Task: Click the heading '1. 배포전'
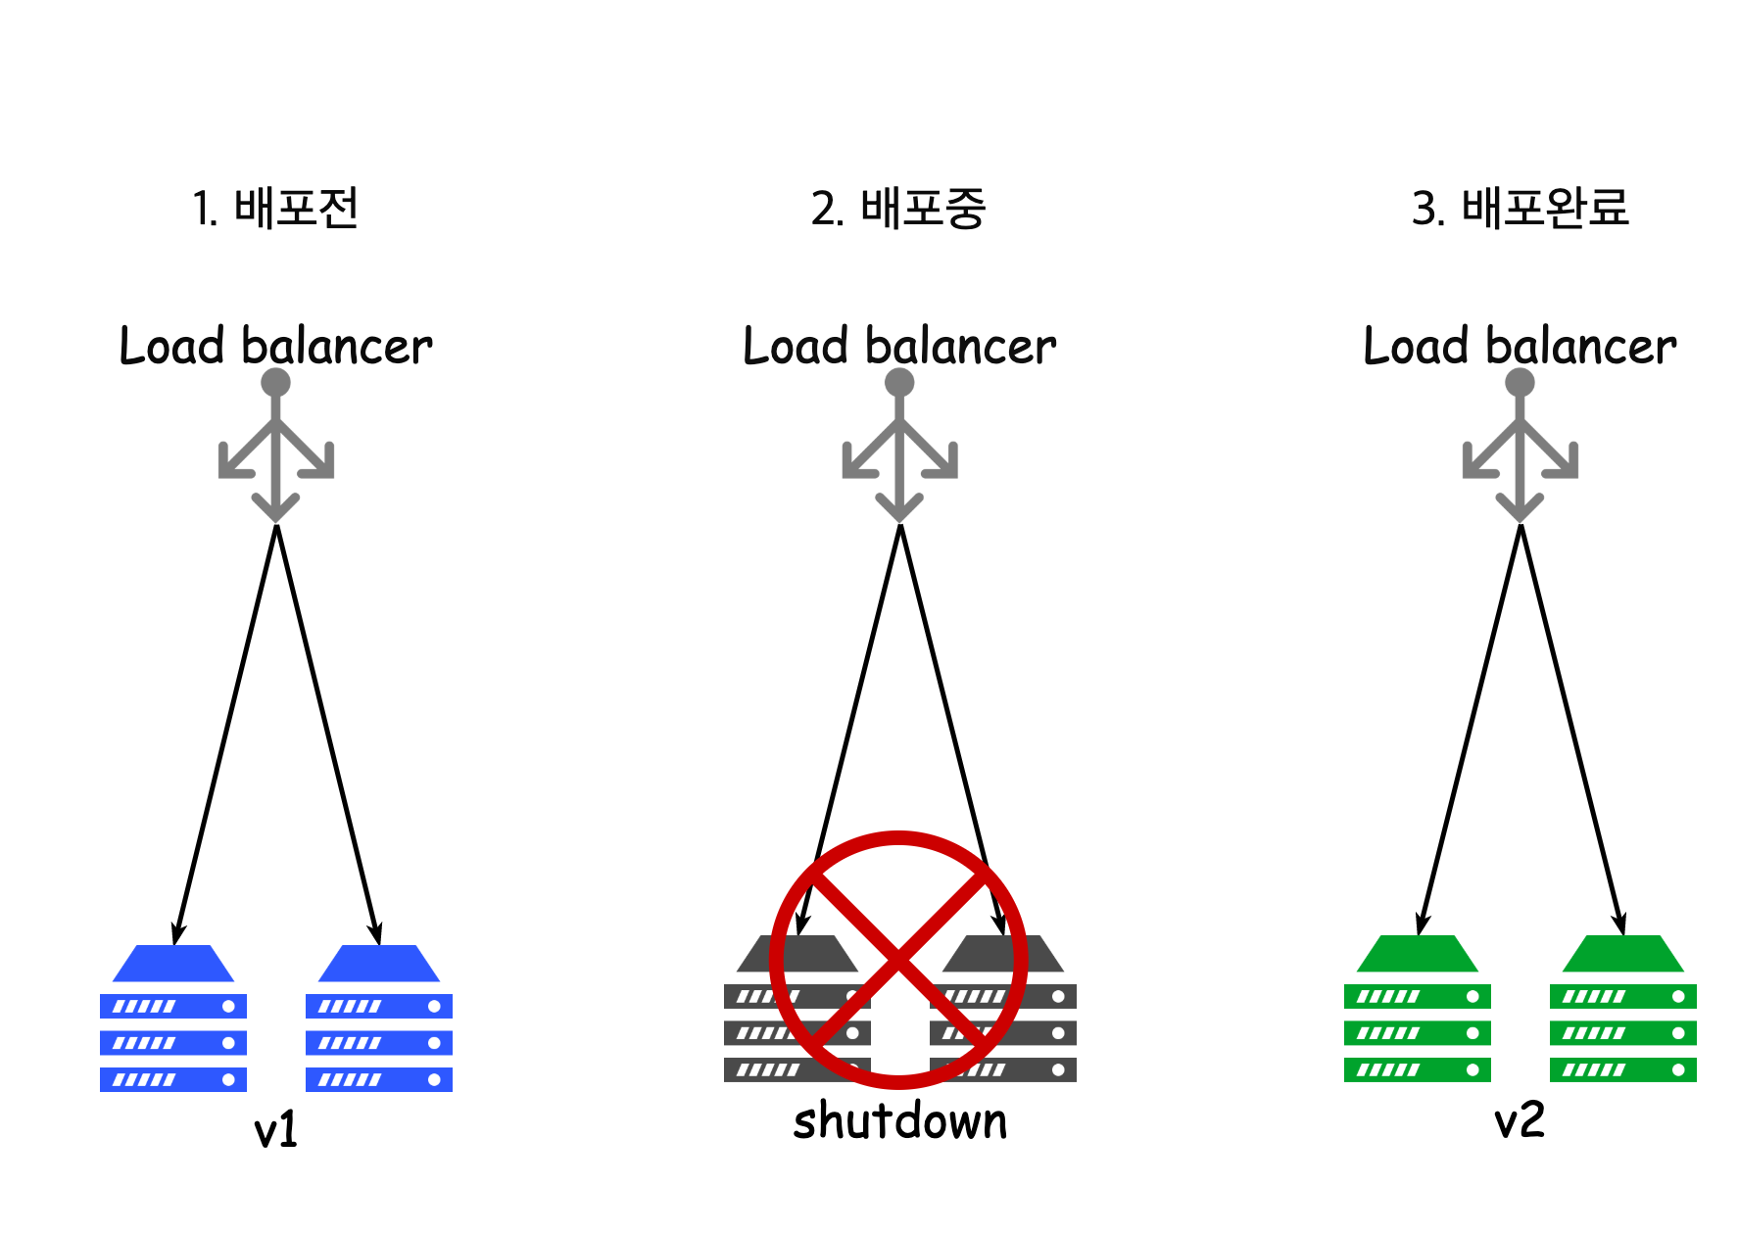pos(275,209)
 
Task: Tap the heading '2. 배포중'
pos(897,209)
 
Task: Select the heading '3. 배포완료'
pos(1520,209)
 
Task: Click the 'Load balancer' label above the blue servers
pos(275,347)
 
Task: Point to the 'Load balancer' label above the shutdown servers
pos(899,347)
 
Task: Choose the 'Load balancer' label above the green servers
pos(1520,347)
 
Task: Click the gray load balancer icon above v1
pos(276,447)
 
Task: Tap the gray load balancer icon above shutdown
pos(899,447)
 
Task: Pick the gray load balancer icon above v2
pos(1520,447)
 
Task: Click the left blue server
pos(173,1019)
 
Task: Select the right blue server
pos(379,1019)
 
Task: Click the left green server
pos(1417,1009)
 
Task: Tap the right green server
pos(1622,1009)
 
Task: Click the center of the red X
pos(898,959)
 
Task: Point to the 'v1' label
pos(275,1130)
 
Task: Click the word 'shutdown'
pos(899,1121)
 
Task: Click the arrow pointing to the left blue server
pos(225,735)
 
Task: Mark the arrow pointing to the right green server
pos(1571,730)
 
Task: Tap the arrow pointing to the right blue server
pos(328,735)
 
